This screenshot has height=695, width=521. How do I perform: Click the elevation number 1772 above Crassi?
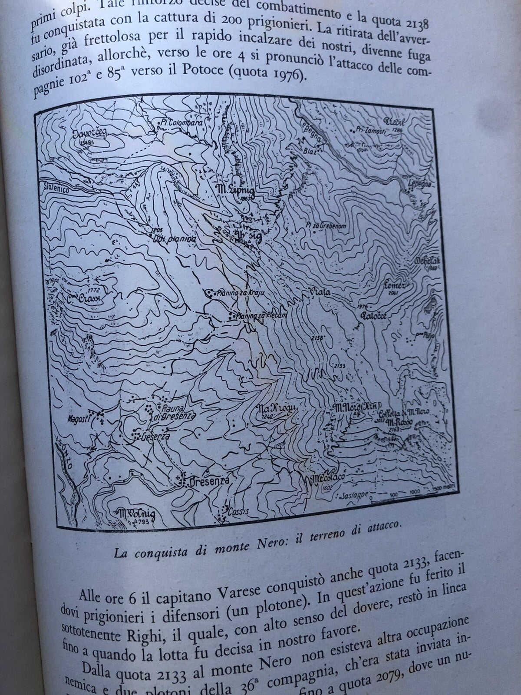click(x=93, y=288)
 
